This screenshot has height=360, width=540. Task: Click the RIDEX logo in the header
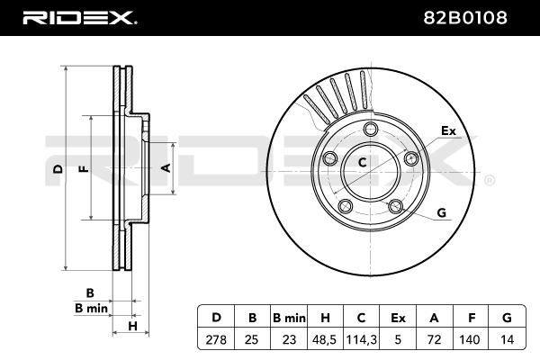coord(79,18)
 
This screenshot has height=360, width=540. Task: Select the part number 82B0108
coord(465,18)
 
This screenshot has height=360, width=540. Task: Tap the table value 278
coord(216,339)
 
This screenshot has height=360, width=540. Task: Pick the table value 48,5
coord(324,339)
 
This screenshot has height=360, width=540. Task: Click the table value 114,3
coord(361,339)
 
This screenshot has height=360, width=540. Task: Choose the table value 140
coord(470,339)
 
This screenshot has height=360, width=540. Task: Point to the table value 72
coord(434,339)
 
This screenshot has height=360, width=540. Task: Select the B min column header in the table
coord(289,318)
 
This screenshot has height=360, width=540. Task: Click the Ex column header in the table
coord(398,318)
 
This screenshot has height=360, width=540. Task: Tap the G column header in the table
coord(507,318)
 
